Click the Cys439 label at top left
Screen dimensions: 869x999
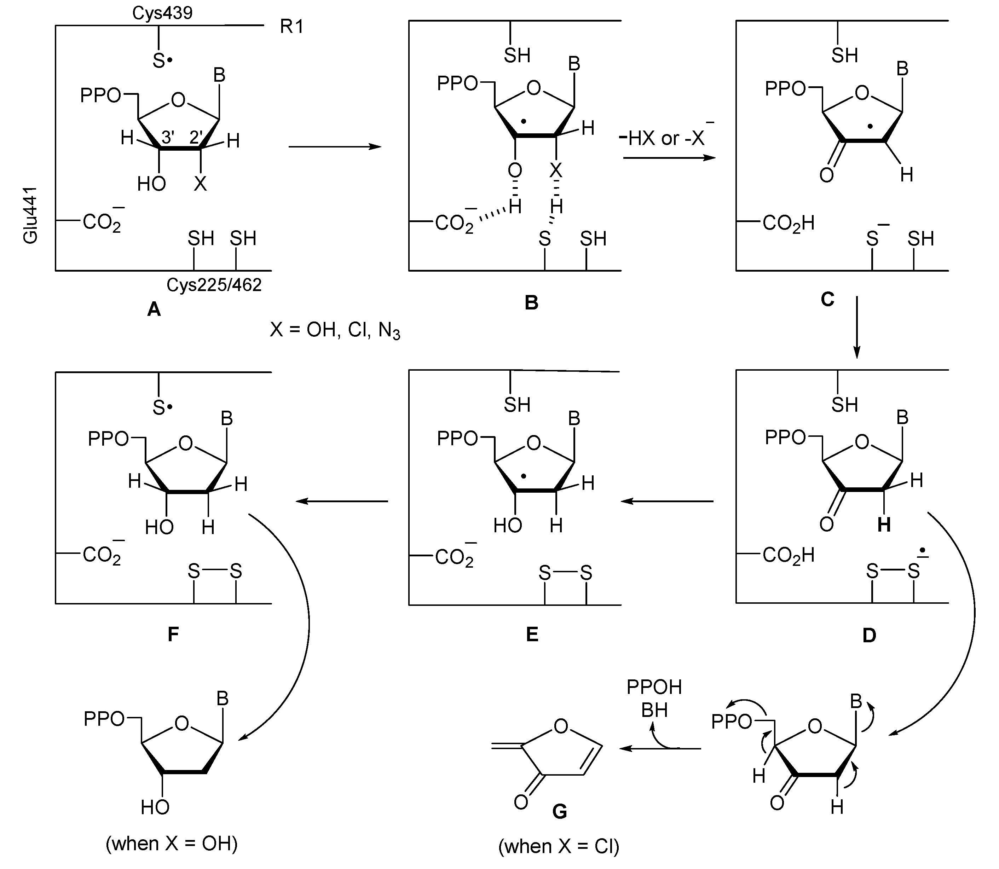click(162, 13)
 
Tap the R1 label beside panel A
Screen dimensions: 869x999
click(291, 26)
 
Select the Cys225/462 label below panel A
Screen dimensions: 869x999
click(214, 285)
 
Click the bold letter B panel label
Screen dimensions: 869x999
click(531, 303)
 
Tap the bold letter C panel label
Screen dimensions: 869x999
click(827, 299)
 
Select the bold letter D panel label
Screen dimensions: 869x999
click(869, 635)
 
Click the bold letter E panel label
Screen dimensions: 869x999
click(532, 634)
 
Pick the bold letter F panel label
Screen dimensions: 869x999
click(173, 634)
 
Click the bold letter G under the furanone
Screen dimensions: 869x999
click(560, 811)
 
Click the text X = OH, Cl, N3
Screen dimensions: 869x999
click(335, 330)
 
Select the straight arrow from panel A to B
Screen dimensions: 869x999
click(335, 146)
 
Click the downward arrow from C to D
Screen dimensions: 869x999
click(856, 327)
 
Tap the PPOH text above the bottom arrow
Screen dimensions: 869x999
click(654, 687)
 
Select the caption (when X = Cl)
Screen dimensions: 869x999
click(559, 846)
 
